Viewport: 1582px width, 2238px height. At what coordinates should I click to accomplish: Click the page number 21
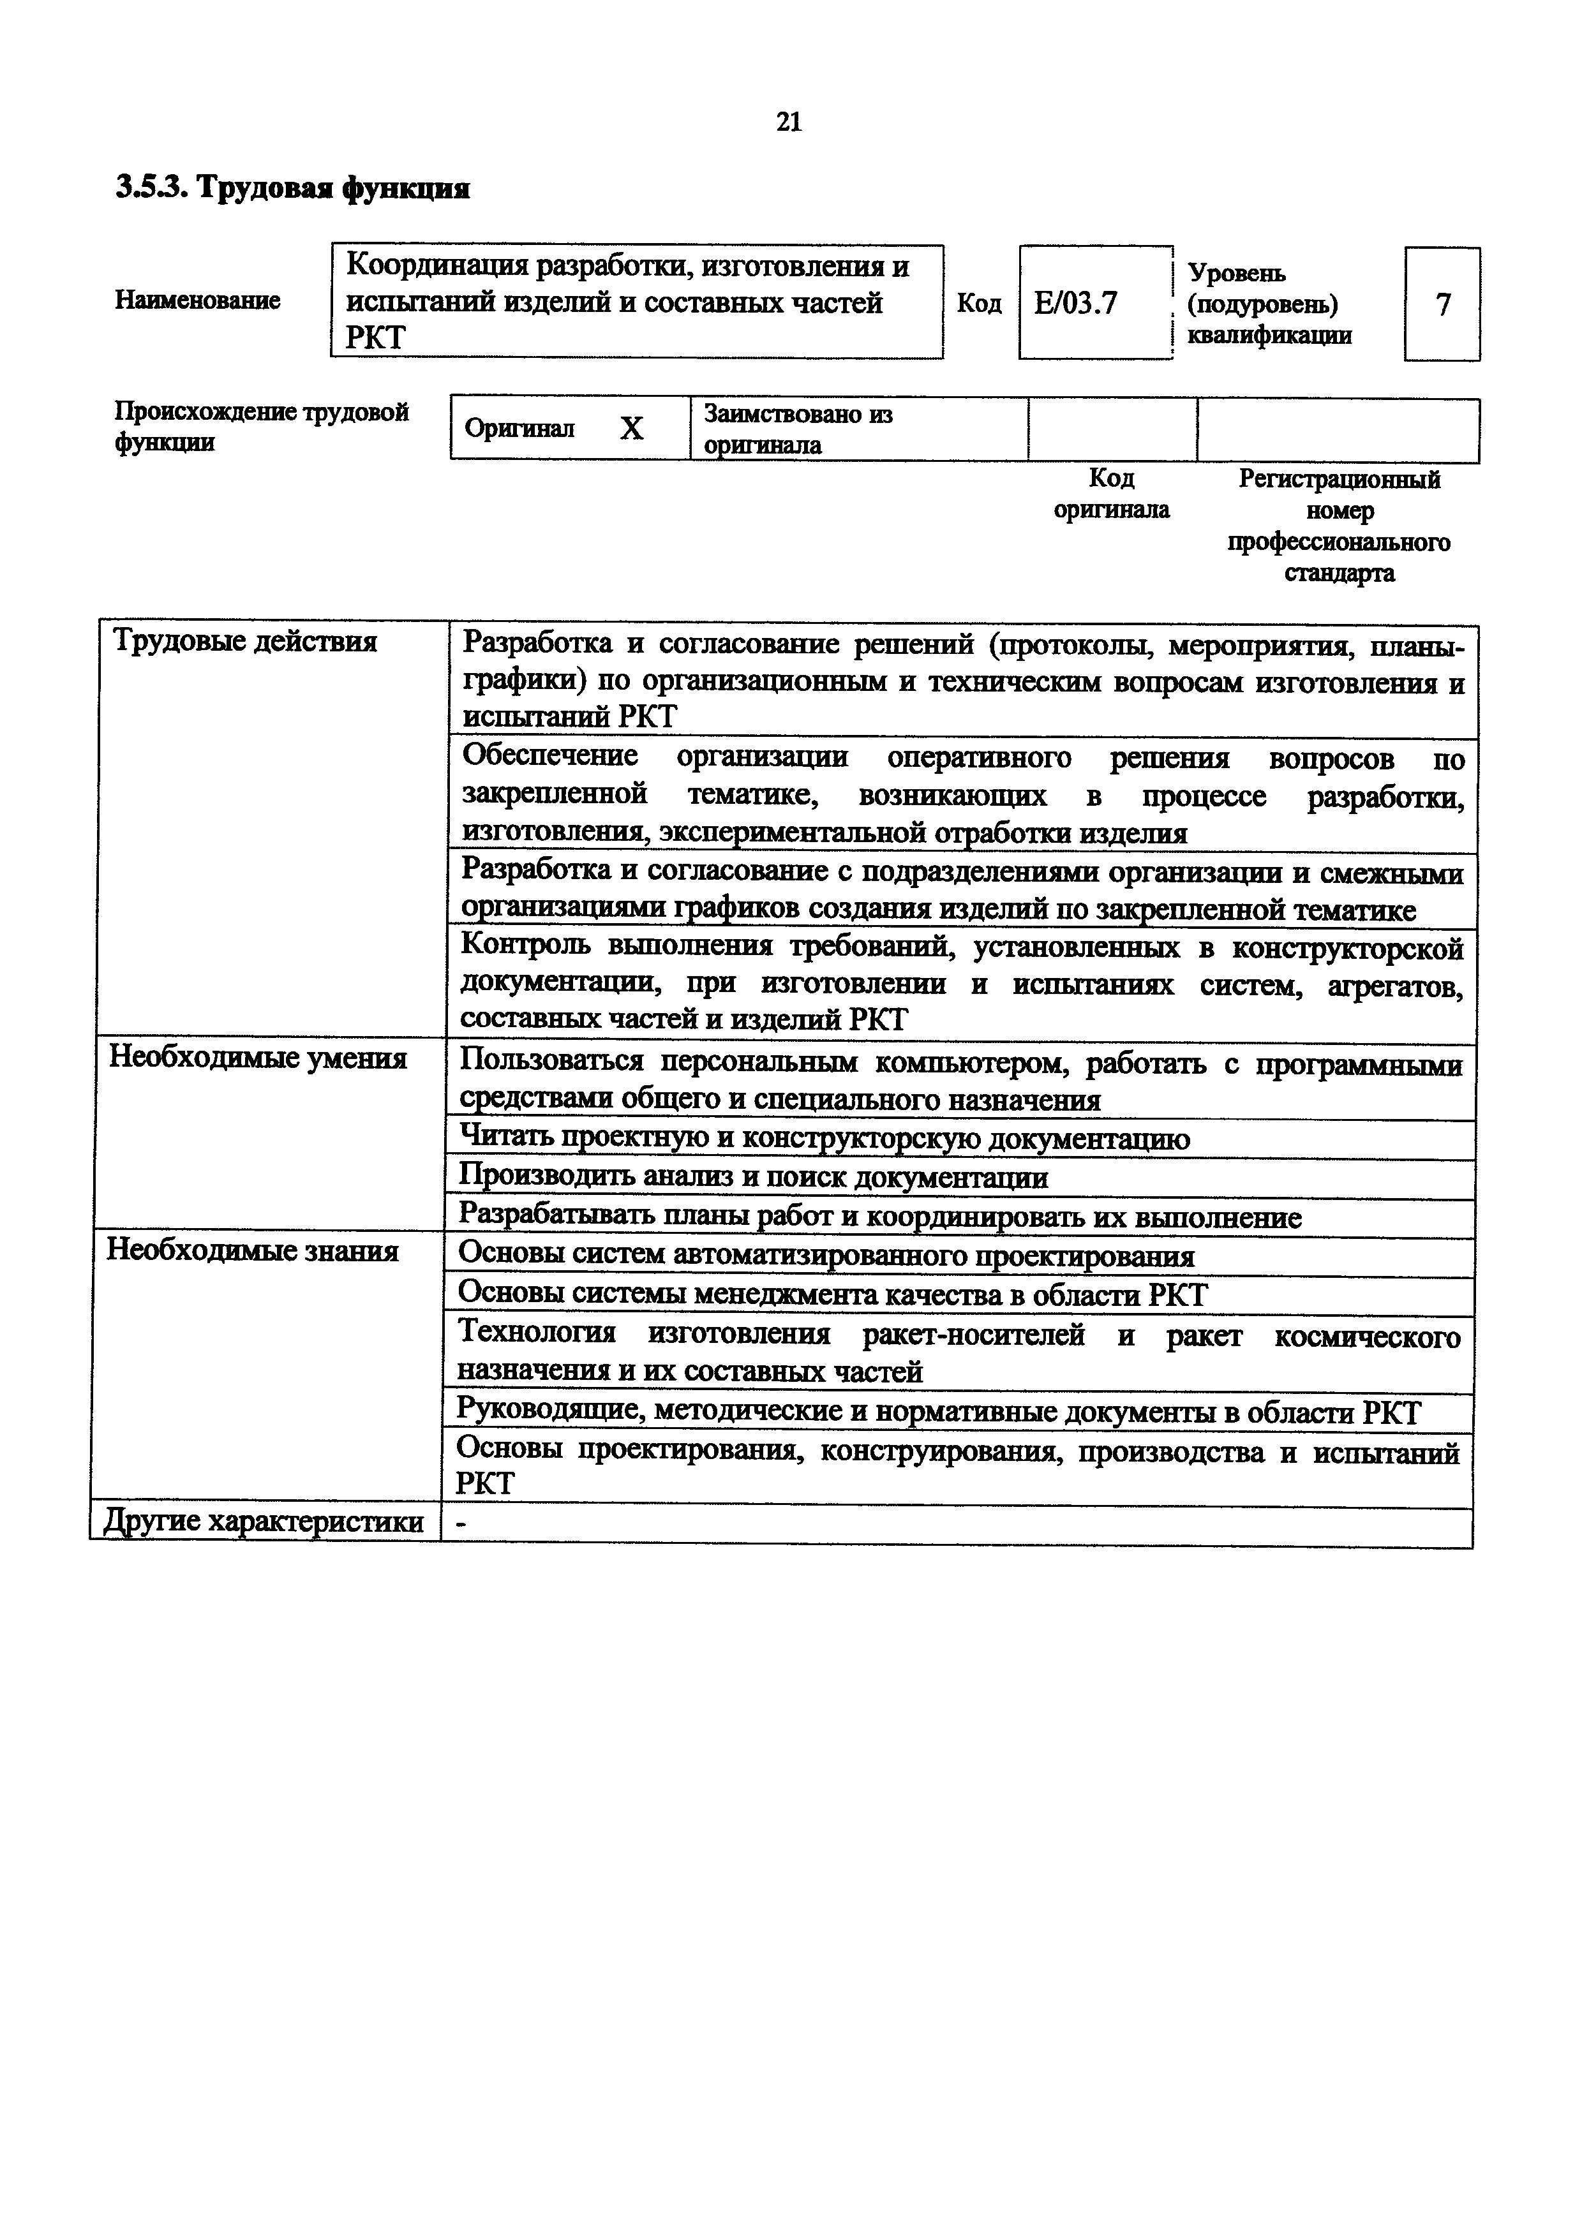789,122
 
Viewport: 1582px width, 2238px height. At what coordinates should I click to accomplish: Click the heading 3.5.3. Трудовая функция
292,187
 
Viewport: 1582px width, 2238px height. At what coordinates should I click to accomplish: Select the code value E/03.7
1075,304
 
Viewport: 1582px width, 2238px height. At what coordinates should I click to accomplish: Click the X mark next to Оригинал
632,429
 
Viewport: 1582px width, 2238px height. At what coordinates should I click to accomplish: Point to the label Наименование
197,300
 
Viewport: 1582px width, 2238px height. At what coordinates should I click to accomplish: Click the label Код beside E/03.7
979,304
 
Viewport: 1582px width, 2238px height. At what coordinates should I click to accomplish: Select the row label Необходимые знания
253,1250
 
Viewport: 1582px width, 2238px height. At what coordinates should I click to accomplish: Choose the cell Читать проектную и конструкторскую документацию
824,1139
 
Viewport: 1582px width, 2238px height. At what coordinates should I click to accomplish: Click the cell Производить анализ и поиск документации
754,1178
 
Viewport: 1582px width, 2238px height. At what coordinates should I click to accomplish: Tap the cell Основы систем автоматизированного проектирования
826,1256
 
